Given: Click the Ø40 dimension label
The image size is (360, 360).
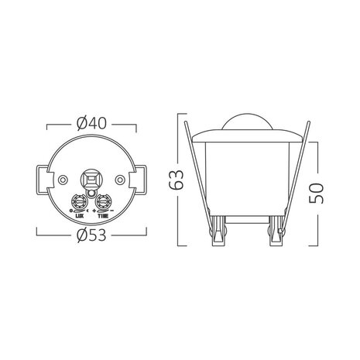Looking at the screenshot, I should coord(92,122).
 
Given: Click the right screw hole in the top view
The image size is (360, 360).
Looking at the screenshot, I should coord(121,179).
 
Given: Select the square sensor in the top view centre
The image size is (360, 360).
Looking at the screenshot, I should coord(92,177).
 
